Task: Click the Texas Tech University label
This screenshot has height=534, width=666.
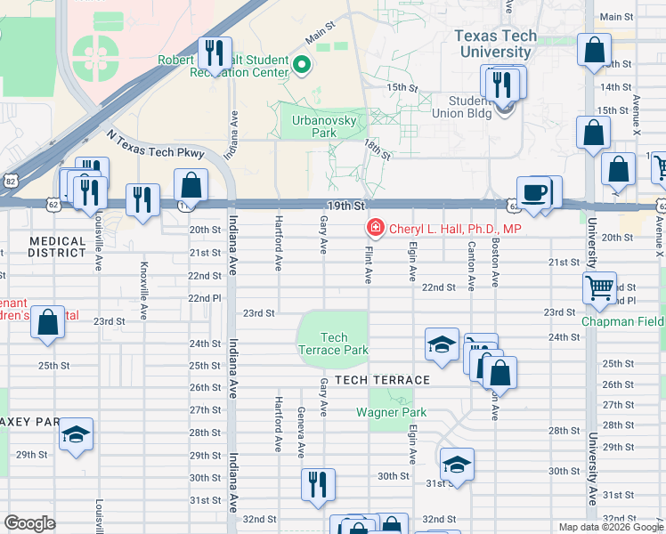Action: [496, 44]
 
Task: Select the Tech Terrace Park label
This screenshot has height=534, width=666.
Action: [333, 344]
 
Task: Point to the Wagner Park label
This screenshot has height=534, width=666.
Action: [392, 412]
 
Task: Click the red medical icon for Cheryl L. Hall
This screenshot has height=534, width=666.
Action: [376, 230]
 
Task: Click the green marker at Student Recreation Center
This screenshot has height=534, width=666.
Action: [302, 64]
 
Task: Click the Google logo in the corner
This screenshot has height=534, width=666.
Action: [30, 523]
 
